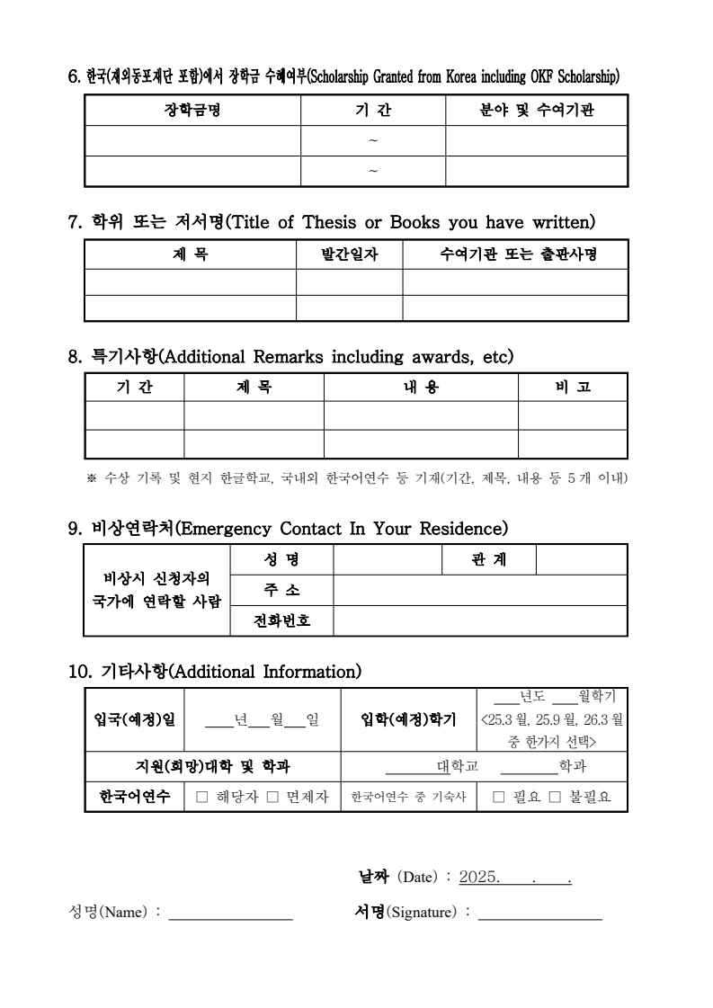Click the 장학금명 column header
(x=192, y=111)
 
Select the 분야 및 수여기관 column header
(x=537, y=111)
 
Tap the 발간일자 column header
(x=350, y=254)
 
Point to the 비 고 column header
(x=573, y=387)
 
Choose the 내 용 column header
(x=421, y=387)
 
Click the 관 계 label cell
(x=488, y=559)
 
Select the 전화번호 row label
(x=281, y=620)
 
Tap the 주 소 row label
(x=281, y=590)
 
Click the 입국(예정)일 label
(x=135, y=719)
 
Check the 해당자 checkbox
(x=201, y=797)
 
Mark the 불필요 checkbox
(x=555, y=797)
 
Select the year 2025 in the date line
(x=479, y=878)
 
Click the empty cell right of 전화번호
(x=479, y=620)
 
